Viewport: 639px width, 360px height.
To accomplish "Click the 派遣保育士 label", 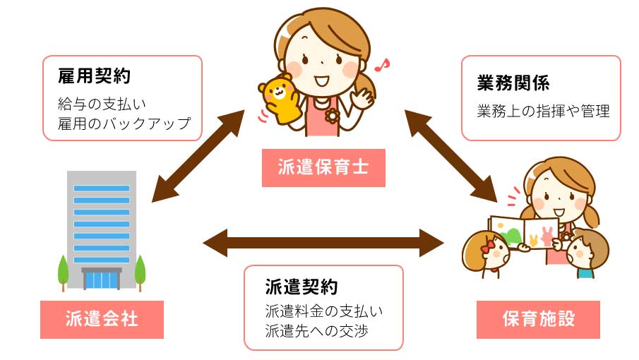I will pyautogui.click(x=323, y=168).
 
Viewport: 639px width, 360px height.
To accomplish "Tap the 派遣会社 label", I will pyautogui.click(x=102, y=319).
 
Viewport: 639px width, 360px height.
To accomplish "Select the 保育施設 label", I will pyautogui.click(x=538, y=319).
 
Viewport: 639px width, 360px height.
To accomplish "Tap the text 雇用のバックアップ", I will pyautogui.click(x=124, y=124).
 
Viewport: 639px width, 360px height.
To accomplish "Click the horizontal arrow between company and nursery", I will pyautogui.click(x=323, y=242).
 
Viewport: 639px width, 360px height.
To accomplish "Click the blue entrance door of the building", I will pyautogui.click(x=102, y=280).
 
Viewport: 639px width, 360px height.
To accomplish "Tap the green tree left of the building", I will pyautogui.click(x=62, y=270).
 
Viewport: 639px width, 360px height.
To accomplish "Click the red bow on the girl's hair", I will pyautogui.click(x=487, y=246).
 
